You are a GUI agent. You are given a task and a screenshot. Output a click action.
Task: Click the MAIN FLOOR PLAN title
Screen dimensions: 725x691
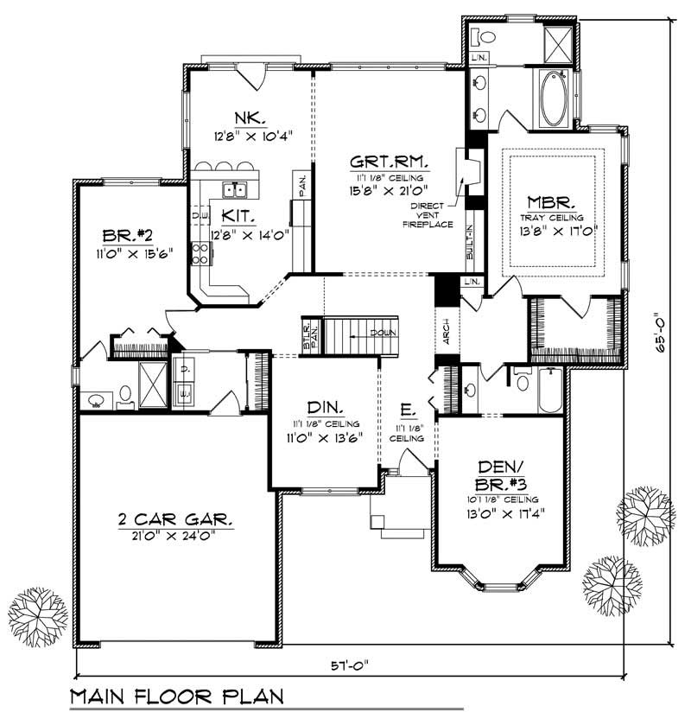176,696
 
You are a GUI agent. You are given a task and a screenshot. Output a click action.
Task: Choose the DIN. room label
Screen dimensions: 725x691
326,408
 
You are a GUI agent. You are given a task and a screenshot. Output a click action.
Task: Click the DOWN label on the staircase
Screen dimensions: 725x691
384,333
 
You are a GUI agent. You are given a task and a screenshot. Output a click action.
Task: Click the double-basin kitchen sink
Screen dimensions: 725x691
235,190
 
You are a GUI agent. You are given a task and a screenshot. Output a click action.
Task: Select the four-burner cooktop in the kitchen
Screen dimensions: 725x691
200,252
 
